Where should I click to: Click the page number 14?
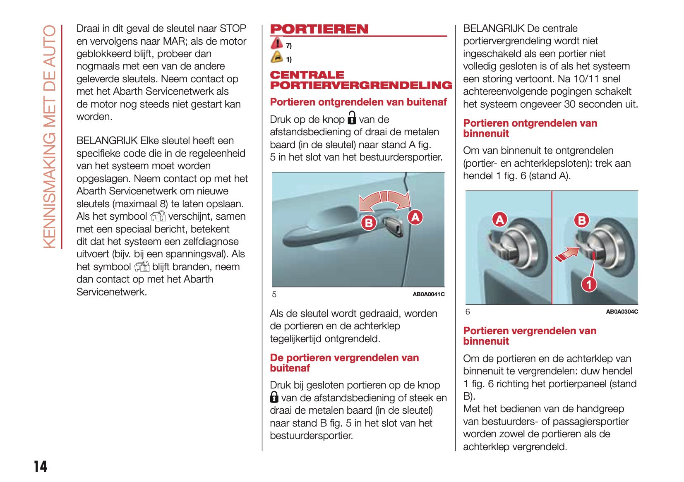click(41, 467)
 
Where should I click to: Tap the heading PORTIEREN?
click(319, 29)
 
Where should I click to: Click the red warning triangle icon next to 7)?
click(276, 43)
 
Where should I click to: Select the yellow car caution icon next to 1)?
click(276, 57)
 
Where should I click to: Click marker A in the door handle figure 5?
click(415, 217)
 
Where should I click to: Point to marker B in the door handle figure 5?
click(368, 223)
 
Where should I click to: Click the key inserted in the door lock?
click(393, 226)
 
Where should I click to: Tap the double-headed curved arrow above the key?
click(385, 201)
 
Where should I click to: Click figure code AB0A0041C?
click(428, 294)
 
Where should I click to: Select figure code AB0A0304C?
click(622, 312)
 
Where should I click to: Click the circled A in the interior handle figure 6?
click(500, 219)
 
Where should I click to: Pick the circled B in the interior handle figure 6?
click(582, 220)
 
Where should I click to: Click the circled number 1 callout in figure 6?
click(589, 284)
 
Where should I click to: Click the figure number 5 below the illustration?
click(274, 294)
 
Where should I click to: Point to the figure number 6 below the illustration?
click(468, 312)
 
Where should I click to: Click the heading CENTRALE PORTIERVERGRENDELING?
click(361, 80)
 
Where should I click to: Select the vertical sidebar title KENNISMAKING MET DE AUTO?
click(50, 137)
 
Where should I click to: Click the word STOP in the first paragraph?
click(233, 29)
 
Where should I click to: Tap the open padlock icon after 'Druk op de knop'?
click(352, 118)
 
